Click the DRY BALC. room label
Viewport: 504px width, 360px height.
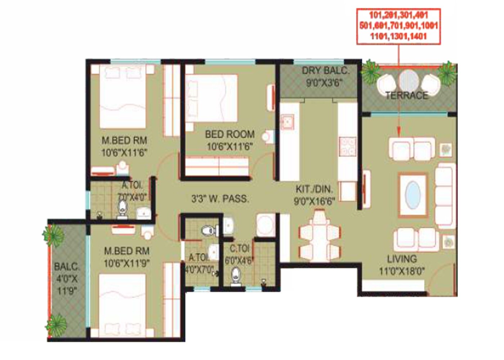click(325, 71)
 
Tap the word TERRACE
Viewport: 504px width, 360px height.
click(406, 95)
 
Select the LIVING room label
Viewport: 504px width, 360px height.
click(402, 259)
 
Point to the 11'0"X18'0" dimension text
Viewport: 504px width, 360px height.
click(401, 271)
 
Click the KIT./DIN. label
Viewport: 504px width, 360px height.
click(314, 189)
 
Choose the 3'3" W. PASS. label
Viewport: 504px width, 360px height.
click(220, 199)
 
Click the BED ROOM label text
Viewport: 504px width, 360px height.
click(230, 134)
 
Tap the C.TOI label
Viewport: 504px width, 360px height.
click(240, 248)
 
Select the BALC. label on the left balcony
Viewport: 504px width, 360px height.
click(67, 267)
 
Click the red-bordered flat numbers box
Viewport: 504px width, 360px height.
click(398, 26)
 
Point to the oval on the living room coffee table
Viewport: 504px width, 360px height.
click(413, 195)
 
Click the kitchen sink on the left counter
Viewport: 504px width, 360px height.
click(288, 122)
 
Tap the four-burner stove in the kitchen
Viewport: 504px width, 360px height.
click(347, 147)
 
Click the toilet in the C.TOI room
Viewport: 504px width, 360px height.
click(236, 276)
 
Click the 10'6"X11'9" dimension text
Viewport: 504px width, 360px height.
click(126, 263)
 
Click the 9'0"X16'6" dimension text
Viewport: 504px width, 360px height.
click(314, 201)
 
